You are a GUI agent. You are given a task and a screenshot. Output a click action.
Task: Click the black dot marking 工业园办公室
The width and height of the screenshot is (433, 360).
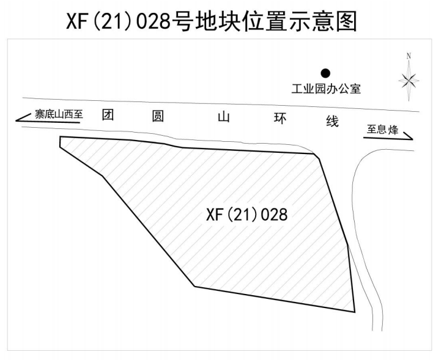(325, 73)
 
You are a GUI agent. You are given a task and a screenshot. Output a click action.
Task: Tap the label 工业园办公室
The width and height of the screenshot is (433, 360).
(326, 89)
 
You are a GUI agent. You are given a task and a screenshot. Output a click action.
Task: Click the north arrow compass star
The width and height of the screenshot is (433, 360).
(409, 81)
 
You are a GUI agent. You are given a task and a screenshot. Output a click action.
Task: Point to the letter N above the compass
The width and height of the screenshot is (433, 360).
(409, 56)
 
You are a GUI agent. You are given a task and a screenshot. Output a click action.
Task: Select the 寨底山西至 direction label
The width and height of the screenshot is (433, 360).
(59, 114)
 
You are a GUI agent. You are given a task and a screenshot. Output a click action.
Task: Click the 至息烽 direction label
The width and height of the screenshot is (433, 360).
(382, 129)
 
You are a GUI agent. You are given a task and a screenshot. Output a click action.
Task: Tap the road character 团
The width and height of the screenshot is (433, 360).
(108, 114)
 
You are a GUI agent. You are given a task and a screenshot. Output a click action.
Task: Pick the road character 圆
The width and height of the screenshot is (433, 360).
(158, 116)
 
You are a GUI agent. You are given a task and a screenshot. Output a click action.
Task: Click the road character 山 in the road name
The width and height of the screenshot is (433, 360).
(223, 117)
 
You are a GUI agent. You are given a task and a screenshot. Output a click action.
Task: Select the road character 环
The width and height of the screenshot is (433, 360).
(280, 119)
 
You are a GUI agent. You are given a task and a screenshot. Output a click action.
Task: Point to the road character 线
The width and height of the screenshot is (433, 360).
(332, 121)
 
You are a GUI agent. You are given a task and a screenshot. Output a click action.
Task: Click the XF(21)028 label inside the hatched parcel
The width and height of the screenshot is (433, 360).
(246, 215)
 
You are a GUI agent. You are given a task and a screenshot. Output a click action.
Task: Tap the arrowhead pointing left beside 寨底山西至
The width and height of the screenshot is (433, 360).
(17, 120)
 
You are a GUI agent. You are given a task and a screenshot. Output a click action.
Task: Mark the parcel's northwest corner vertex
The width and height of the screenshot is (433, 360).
(60, 137)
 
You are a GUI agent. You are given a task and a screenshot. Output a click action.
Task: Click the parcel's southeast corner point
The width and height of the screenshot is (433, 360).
(355, 312)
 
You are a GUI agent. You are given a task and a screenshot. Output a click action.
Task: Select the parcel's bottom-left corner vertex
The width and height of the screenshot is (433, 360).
(194, 286)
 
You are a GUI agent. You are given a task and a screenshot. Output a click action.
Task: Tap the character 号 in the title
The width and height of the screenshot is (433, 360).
(182, 21)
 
